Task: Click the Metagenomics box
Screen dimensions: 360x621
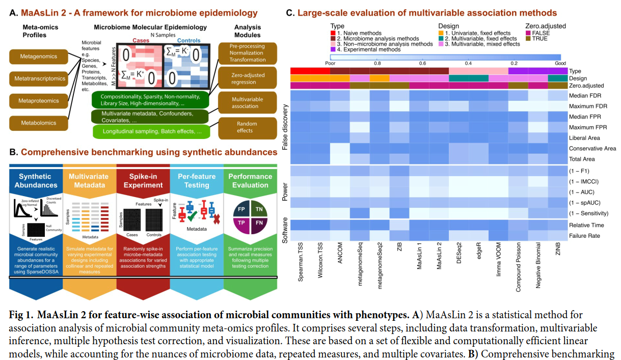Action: (39, 56)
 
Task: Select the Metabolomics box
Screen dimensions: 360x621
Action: (39, 123)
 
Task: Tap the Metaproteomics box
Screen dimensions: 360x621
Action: (39, 101)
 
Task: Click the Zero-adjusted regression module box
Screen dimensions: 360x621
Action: (247, 78)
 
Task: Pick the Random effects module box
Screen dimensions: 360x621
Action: (247, 127)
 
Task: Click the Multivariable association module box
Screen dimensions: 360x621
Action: (247, 103)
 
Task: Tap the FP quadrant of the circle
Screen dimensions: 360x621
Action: (241, 210)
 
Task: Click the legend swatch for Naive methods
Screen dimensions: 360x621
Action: (333, 33)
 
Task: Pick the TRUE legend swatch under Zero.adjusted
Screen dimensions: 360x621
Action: (528, 38)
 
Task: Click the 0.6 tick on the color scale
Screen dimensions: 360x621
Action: (422, 63)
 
